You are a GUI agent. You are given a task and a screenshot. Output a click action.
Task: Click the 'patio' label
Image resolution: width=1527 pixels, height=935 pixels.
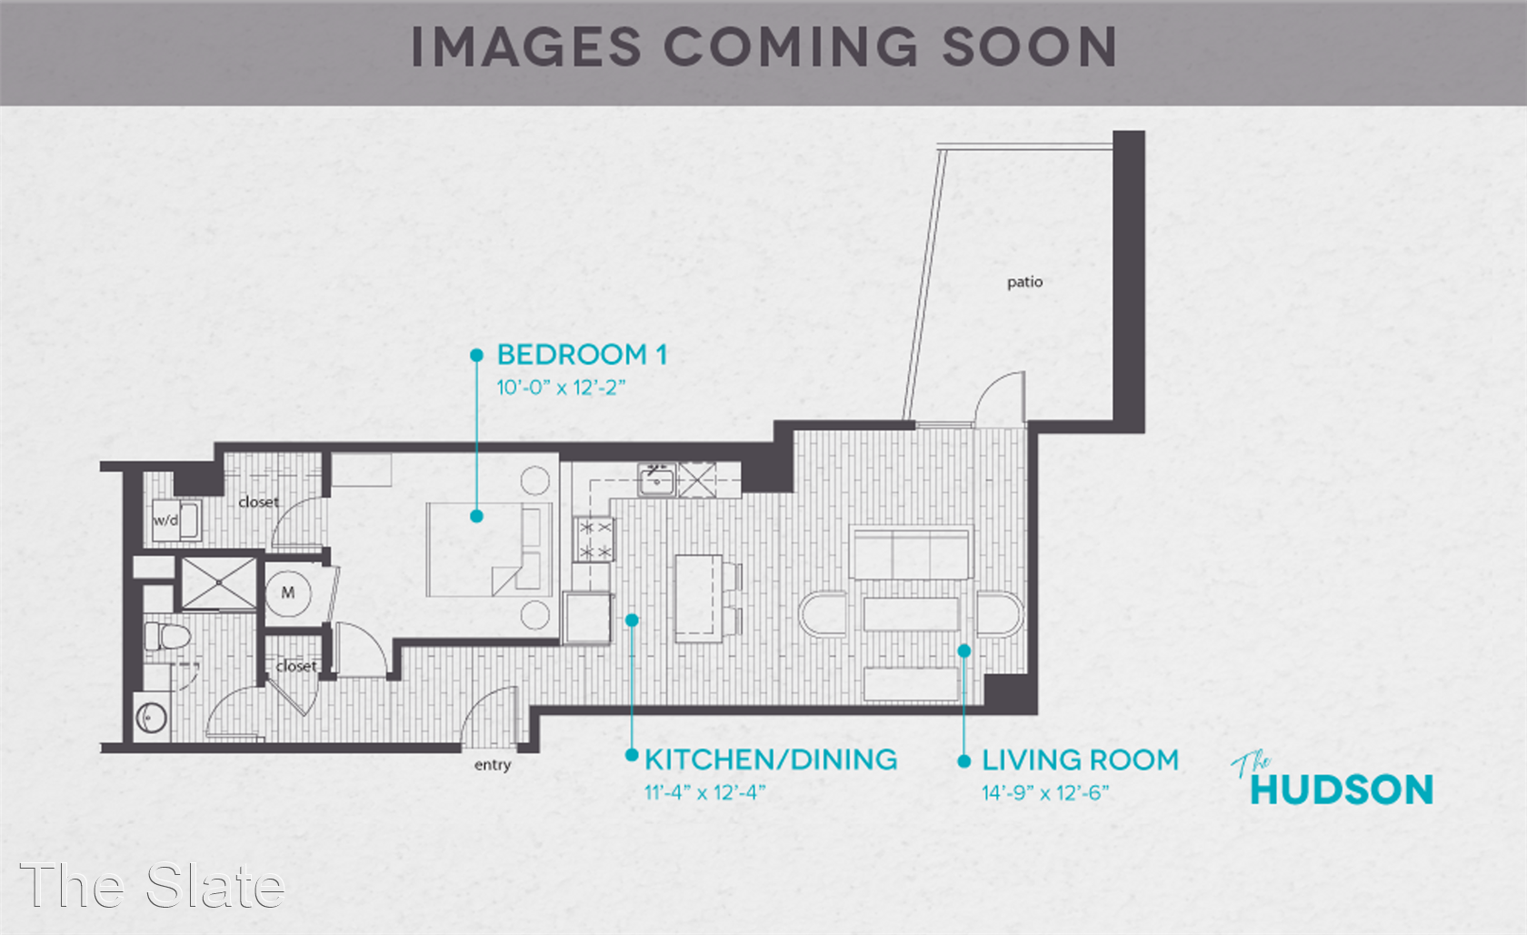tap(1024, 282)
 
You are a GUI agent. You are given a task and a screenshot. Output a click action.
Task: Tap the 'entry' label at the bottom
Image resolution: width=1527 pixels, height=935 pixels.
tap(493, 765)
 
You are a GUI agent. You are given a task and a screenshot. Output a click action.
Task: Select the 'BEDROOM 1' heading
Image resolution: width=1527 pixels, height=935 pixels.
tap(582, 355)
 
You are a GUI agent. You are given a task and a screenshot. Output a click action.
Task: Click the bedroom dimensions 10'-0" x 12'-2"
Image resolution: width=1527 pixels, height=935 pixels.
tap(561, 388)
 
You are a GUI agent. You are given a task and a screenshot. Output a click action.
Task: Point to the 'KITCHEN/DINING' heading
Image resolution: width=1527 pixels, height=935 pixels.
tap(771, 759)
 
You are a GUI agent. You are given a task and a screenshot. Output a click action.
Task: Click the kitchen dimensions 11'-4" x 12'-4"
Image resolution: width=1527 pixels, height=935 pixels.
tap(705, 793)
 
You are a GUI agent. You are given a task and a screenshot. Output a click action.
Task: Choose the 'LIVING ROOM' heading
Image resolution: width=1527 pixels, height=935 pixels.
tap(1080, 759)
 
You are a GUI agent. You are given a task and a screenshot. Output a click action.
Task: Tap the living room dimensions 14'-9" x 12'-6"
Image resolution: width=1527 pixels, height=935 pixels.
tap(1045, 793)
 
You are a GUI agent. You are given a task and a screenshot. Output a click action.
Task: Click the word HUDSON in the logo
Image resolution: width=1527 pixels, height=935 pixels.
tap(1342, 789)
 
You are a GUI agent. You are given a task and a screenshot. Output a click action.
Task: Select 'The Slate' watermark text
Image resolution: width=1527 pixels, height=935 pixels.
tap(151, 885)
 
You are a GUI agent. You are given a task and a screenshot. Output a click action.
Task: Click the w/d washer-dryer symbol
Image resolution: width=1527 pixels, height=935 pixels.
tap(176, 520)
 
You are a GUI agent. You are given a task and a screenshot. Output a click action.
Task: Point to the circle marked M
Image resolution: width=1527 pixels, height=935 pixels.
tap(288, 593)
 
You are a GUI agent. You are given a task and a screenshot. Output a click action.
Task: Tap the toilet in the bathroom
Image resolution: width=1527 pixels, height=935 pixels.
tap(166, 637)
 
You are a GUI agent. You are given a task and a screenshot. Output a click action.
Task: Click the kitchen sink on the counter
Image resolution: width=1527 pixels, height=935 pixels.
tap(656, 479)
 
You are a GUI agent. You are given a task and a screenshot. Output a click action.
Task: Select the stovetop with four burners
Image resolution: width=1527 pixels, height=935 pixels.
tap(594, 538)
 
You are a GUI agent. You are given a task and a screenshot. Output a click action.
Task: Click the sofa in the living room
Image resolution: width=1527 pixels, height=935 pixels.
tap(911, 552)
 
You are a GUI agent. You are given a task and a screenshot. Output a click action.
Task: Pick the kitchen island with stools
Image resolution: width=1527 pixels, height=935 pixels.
tap(706, 598)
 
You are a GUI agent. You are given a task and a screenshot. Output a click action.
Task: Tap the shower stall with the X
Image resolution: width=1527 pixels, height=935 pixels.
tap(219, 583)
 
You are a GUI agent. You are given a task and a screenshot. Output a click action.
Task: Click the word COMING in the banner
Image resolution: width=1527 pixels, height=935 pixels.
tap(791, 47)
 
